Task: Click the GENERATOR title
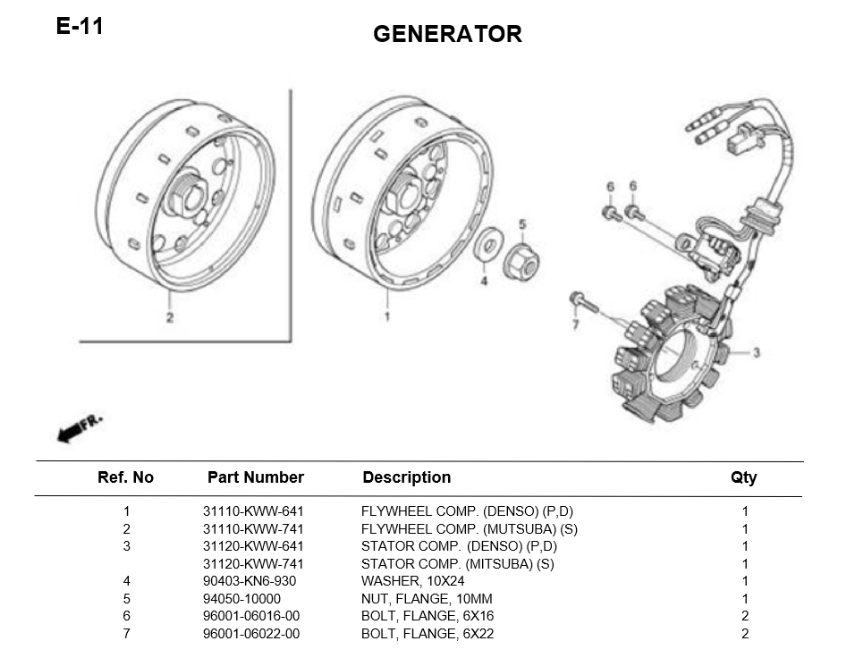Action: [x=447, y=34]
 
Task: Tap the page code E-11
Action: [x=80, y=26]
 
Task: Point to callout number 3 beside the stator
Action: [x=756, y=353]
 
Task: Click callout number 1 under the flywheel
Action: [x=387, y=316]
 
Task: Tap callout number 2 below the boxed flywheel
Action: [x=169, y=318]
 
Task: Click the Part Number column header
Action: [x=255, y=477]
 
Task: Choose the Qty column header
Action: [x=743, y=477]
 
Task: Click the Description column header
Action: [x=406, y=477]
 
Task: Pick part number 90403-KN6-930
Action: [x=249, y=581]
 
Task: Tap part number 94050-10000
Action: [x=241, y=599]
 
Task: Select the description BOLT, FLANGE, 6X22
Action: [x=427, y=634]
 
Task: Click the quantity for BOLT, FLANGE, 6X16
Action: [x=745, y=616]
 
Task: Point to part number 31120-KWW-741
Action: [x=253, y=564]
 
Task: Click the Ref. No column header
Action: [x=125, y=477]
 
